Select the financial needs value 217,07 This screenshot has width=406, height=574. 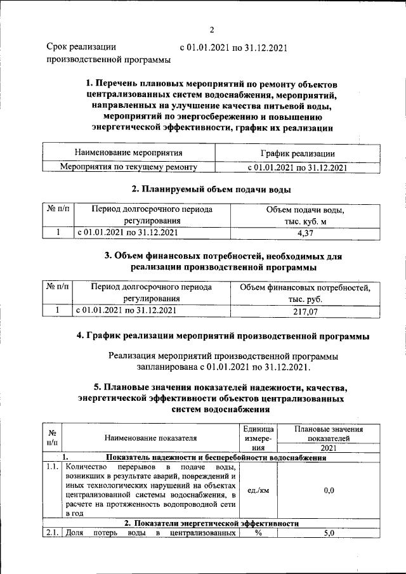point(306,311)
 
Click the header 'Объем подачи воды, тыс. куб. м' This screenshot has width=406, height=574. point(306,215)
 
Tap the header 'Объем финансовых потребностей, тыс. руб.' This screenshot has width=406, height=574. point(306,294)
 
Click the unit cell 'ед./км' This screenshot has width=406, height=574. point(258,490)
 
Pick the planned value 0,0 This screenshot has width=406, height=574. point(329,490)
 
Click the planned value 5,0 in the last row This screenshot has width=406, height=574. point(329,534)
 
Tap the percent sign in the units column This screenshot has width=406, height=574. point(258,534)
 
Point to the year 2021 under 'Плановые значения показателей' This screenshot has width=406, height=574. point(329,448)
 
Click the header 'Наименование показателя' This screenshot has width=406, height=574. point(151,438)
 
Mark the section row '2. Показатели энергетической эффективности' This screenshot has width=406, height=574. point(211,523)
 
